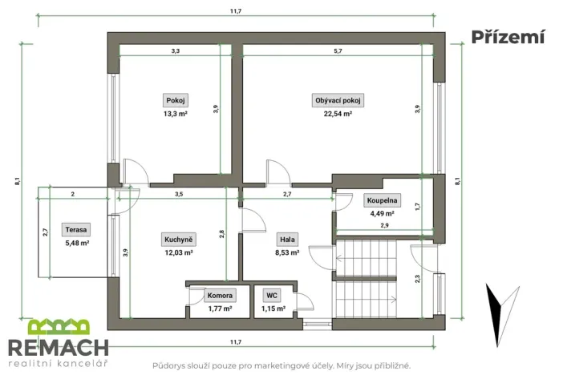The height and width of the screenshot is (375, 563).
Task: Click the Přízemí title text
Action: point(508,36)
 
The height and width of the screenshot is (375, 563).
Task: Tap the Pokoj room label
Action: point(175,101)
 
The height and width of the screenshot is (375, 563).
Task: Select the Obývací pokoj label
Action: point(338,101)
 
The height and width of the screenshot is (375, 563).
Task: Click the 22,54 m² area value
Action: point(338,114)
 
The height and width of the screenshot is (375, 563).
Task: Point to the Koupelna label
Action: point(382,201)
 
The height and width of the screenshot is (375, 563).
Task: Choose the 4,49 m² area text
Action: point(382,213)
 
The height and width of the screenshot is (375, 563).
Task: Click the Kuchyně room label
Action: point(178,240)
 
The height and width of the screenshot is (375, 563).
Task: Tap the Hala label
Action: point(287,240)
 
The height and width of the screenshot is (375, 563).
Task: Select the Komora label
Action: point(220,295)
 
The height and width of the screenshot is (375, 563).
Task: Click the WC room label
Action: point(273,295)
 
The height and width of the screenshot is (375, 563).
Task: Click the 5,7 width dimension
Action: point(338,50)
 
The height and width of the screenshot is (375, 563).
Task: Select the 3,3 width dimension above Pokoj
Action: point(176,50)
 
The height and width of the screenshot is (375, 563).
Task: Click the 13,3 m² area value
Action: point(175,114)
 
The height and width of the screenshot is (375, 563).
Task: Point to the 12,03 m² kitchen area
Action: point(178,252)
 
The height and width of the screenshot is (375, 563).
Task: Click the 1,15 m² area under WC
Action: point(273,308)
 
